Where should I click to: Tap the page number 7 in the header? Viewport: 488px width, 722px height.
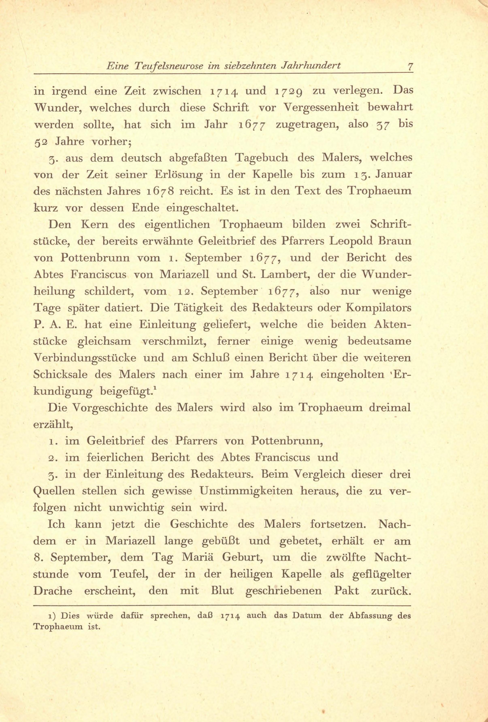[x=410, y=67]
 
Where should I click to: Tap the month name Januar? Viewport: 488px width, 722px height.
[x=394, y=174]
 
